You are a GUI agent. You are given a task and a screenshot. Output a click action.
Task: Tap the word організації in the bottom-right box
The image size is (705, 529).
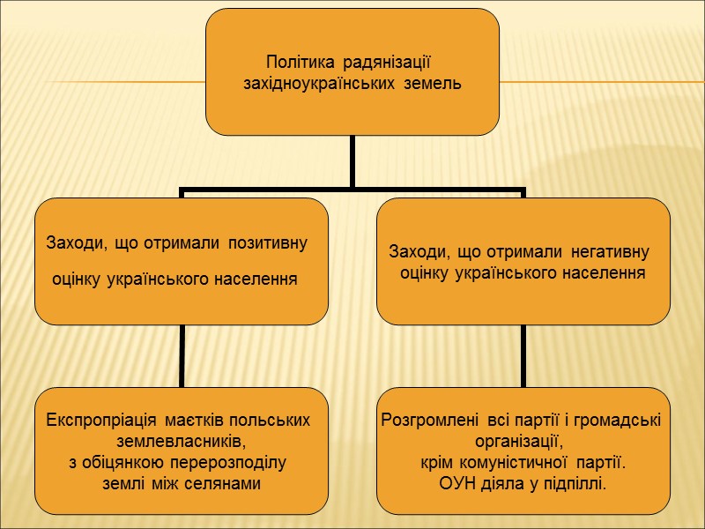tap(517, 441)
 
